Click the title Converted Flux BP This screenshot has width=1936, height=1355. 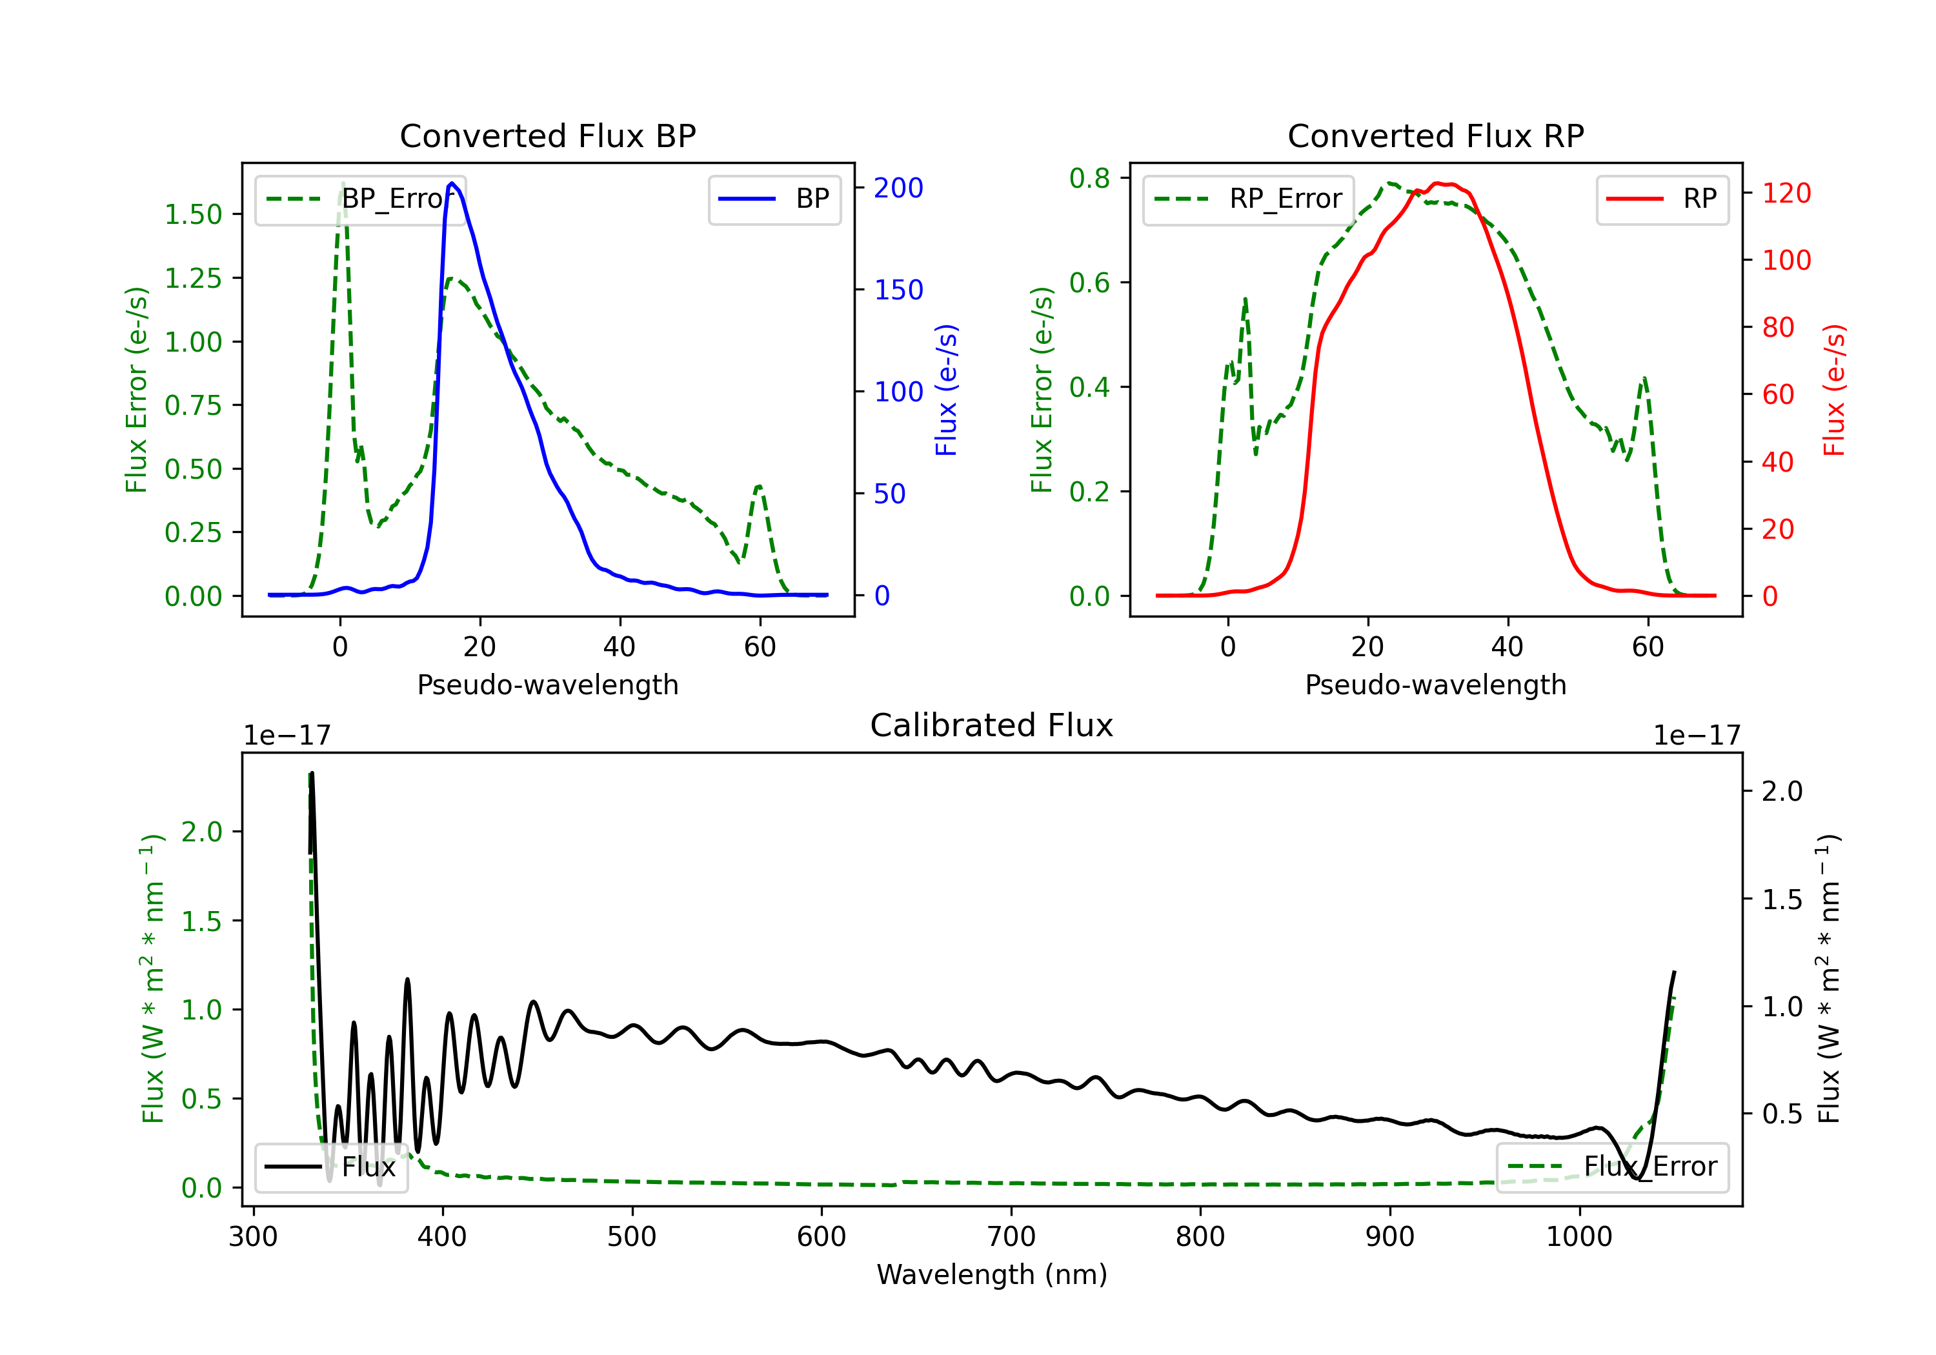pos(547,135)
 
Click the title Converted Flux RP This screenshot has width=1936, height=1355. pos(1435,135)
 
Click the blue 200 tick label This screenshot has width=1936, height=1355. pos(898,188)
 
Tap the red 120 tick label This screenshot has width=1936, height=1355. pos(1786,193)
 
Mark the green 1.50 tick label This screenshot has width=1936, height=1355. pos(193,214)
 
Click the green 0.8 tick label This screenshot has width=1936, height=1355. pos(1089,178)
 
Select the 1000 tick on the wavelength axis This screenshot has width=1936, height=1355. pos(1578,1237)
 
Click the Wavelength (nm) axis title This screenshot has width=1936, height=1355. pos(992,1274)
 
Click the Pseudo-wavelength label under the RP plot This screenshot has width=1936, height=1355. pos(1435,685)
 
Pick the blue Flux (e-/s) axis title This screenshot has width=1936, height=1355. pos(946,390)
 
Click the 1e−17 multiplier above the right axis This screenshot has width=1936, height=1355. pos(1697,736)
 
